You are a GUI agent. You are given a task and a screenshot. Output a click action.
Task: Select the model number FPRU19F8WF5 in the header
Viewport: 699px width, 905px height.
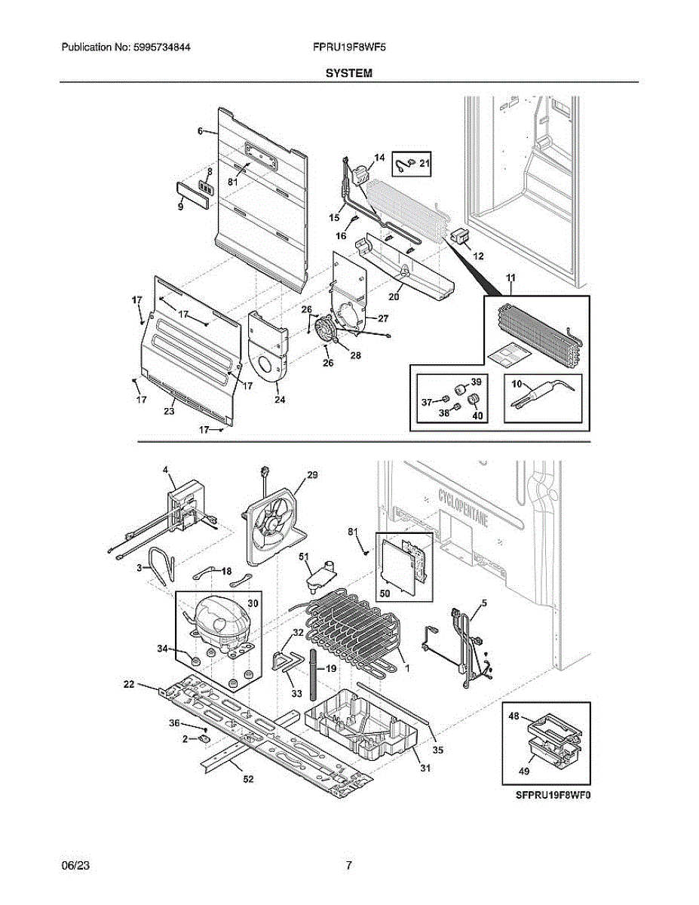click(349, 47)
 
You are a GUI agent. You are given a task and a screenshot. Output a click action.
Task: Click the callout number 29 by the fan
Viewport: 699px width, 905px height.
click(311, 475)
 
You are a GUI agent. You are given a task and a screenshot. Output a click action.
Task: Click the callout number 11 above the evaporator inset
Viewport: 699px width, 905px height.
click(510, 280)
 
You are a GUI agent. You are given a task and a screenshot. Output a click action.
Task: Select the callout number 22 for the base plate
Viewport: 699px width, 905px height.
click(129, 684)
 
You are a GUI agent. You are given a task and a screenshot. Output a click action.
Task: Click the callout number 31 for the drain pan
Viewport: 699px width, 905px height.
click(424, 768)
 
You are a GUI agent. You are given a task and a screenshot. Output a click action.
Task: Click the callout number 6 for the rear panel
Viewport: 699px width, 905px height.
click(201, 131)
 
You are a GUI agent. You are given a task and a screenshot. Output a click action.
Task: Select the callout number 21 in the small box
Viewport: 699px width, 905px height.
click(425, 163)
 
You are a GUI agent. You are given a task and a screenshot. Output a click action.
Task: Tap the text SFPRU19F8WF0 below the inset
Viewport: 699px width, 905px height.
click(551, 795)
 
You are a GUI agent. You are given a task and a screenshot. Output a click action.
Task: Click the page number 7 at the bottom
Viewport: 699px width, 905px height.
click(348, 866)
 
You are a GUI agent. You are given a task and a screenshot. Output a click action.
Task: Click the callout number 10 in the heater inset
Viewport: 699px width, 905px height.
click(517, 385)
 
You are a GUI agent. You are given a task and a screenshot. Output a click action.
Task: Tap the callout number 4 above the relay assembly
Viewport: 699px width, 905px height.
click(165, 471)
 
